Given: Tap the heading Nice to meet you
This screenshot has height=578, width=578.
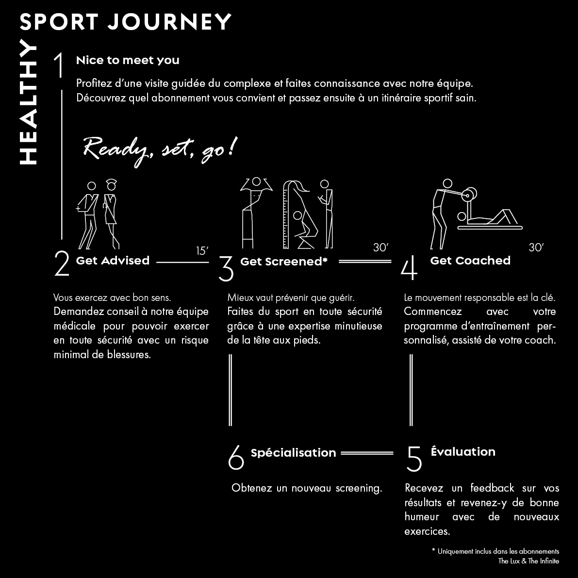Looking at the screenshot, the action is click(x=128, y=60).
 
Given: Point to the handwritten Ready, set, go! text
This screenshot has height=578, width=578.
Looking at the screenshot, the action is click(x=160, y=151).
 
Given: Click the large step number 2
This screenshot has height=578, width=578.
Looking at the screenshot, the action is click(x=62, y=263).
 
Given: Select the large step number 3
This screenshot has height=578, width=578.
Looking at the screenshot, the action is click(x=226, y=268).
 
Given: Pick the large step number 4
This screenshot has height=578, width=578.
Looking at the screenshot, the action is click(x=409, y=267).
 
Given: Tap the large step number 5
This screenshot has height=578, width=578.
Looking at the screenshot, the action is click(x=414, y=459).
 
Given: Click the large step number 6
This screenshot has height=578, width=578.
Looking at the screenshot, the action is click(x=236, y=457).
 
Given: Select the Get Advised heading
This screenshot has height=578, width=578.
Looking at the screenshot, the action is click(x=113, y=260).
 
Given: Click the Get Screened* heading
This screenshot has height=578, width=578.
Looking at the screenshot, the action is click(x=284, y=262).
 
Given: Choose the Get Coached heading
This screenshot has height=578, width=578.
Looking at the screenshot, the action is click(x=470, y=260).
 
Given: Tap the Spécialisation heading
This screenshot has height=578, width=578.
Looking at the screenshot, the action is click(x=294, y=453).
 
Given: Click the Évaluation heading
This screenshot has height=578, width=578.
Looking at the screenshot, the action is click(x=463, y=451).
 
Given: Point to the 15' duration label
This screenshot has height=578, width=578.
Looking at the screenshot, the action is click(x=202, y=251).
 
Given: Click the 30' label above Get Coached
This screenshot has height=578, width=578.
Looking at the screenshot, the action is click(x=536, y=248).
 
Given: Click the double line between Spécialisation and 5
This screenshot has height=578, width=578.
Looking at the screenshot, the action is click(x=367, y=453).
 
